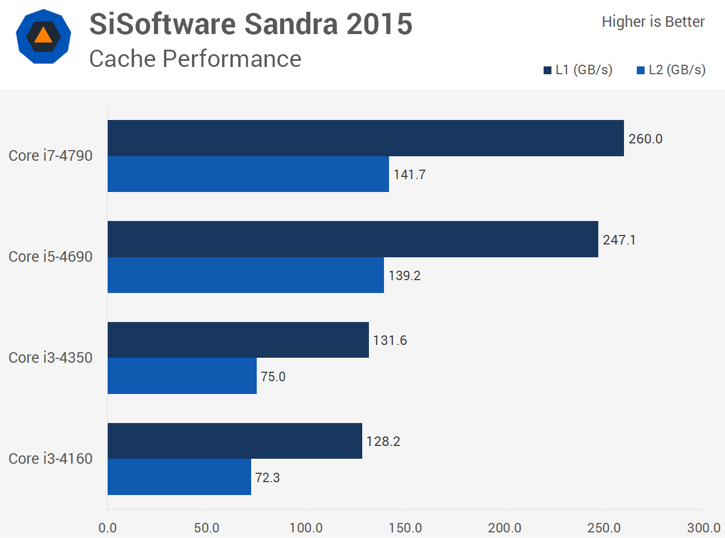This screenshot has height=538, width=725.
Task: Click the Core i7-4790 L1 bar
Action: [366, 138]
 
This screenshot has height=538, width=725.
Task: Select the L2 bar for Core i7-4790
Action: [248, 174]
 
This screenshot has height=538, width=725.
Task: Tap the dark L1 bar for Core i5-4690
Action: [353, 239]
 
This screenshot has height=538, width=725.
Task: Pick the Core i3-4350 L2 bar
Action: [182, 376]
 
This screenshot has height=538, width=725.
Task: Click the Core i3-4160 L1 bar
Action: [234, 441]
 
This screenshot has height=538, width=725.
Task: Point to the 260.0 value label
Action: [645, 139]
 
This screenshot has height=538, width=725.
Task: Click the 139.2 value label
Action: [404, 276]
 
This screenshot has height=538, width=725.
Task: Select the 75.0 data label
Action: [273, 377]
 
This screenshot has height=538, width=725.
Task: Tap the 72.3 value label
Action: [267, 478]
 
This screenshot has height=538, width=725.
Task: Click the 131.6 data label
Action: [390, 340]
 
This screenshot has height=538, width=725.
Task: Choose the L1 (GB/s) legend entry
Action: [578, 70]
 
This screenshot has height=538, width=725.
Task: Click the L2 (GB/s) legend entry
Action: [671, 70]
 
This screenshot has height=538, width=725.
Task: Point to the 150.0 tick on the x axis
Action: [405, 528]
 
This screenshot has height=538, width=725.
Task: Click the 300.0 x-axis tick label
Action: [703, 528]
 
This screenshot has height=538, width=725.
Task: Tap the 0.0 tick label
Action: [107, 528]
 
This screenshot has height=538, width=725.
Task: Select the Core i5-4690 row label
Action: [50, 257]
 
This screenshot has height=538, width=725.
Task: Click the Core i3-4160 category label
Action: [50, 459]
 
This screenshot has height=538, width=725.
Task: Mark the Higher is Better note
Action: [653, 22]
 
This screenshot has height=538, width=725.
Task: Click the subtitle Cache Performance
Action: [195, 59]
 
